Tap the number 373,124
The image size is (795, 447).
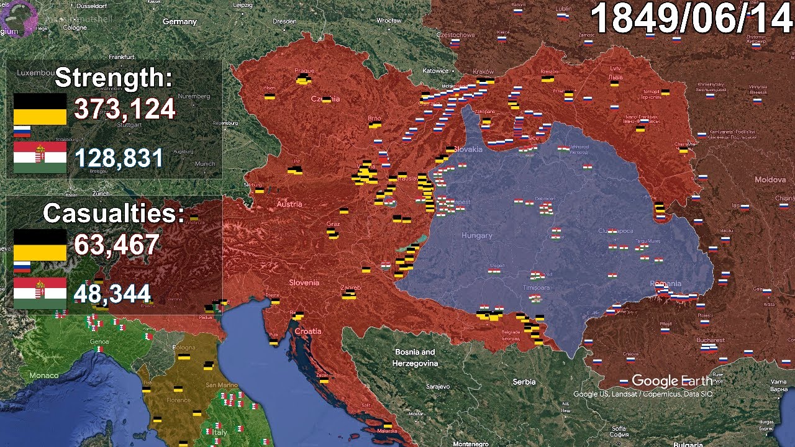click(125, 109)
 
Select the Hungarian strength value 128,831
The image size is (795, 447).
click(119, 158)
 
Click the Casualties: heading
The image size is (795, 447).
click(114, 214)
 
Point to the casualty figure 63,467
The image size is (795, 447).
click(117, 244)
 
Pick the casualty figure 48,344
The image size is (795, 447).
click(112, 293)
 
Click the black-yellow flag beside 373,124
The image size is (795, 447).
click(40, 109)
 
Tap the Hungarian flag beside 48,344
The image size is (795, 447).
click(40, 293)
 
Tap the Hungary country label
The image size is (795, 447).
click(476, 236)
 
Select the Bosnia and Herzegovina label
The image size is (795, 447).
click(416, 358)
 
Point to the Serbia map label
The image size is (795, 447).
click(524, 382)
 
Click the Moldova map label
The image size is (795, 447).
click(770, 179)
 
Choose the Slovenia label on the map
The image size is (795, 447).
click(304, 282)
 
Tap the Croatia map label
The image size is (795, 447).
click(308, 332)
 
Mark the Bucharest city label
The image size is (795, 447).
click(711, 340)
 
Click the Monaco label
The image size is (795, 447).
click(44, 375)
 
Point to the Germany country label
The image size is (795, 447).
click(179, 22)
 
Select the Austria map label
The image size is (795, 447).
click(289, 204)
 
